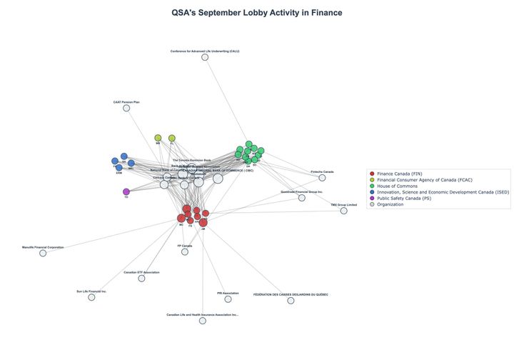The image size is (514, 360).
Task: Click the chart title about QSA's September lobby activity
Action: point(256,13)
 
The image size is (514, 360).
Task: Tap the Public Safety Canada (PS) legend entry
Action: point(404,199)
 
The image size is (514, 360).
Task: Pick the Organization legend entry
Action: point(390,204)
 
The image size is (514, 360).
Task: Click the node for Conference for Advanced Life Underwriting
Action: point(205,57)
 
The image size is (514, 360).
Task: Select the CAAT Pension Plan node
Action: point(126,108)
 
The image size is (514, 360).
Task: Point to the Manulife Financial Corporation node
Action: point(43,253)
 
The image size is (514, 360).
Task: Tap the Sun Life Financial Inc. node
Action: point(91,297)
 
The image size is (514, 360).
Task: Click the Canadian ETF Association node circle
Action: point(141,278)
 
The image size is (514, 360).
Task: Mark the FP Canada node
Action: point(185,251)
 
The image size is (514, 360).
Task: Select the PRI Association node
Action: point(228,299)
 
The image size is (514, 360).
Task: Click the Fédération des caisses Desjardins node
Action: point(291,301)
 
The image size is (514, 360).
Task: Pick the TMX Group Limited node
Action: point(343,211)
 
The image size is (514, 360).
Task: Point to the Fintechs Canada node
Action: point(322,178)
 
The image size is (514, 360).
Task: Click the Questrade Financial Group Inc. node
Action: point(302,197)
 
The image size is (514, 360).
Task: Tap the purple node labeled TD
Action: point(126,191)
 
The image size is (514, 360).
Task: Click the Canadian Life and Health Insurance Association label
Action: point(203,314)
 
